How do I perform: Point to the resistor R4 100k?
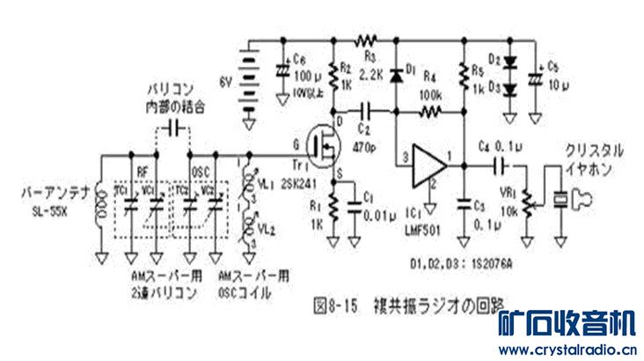(x=430, y=112)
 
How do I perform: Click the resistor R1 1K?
(x=334, y=208)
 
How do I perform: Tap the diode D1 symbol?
(x=396, y=76)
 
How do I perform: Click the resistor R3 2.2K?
(x=364, y=41)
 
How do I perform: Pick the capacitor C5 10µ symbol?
(x=531, y=77)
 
